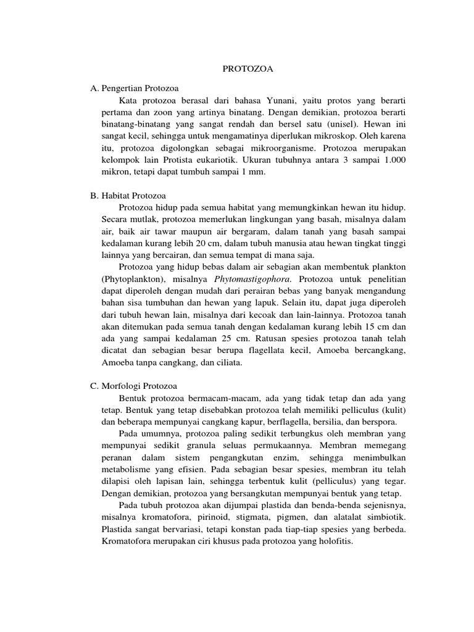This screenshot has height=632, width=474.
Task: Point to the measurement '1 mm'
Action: [254, 172]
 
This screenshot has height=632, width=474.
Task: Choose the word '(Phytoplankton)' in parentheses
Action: [131, 279]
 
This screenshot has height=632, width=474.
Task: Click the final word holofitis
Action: [331, 542]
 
